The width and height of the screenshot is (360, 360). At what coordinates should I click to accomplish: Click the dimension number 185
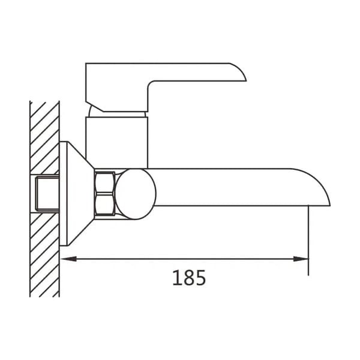[189, 278]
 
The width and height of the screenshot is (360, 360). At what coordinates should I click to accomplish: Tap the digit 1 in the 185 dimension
[177, 278]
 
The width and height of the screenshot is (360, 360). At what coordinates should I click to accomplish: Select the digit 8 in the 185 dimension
[189, 278]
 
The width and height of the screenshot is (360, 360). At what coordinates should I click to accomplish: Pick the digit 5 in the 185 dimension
[200, 278]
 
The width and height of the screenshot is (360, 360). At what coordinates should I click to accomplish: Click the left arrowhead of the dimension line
[68, 259]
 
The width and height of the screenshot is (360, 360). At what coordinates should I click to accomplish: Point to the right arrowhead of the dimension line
[301, 259]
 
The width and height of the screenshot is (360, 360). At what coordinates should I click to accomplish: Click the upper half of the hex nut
[105, 182]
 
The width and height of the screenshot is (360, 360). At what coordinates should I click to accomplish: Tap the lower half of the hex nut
[105, 205]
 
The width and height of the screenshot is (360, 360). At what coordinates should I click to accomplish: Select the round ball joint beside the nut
[136, 194]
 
